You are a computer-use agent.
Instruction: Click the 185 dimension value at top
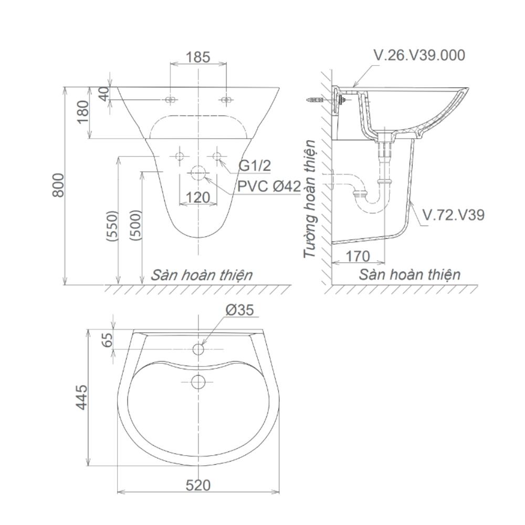(198, 57)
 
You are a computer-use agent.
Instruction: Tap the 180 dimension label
(83, 112)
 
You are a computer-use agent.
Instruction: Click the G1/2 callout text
(255, 166)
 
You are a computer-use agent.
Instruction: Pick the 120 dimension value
(198, 197)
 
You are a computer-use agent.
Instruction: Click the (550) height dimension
(111, 226)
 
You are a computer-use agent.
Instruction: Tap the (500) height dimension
(135, 226)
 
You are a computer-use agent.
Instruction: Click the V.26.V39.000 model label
(418, 56)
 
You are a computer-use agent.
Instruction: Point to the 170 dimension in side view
(359, 256)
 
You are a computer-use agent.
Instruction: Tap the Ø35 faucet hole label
(240, 311)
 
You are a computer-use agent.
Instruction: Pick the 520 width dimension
(198, 485)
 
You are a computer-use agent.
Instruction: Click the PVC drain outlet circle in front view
(198, 172)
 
